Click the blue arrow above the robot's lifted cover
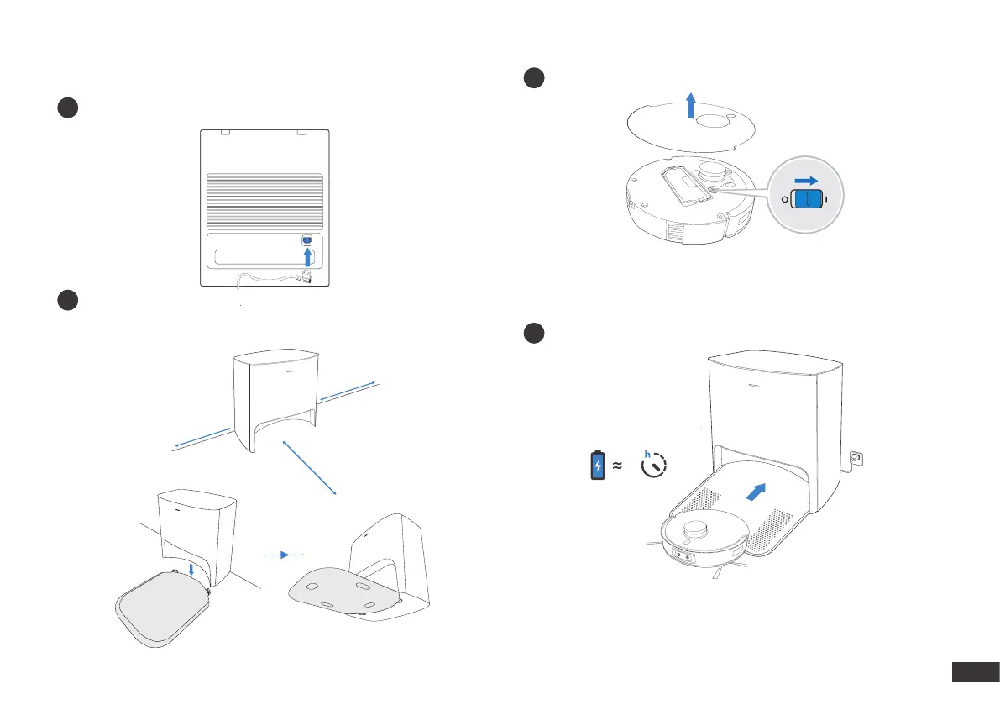[x=691, y=107]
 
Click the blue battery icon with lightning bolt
[x=597, y=465]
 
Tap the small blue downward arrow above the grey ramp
[x=193, y=571]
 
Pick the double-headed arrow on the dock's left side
[x=202, y=439]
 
